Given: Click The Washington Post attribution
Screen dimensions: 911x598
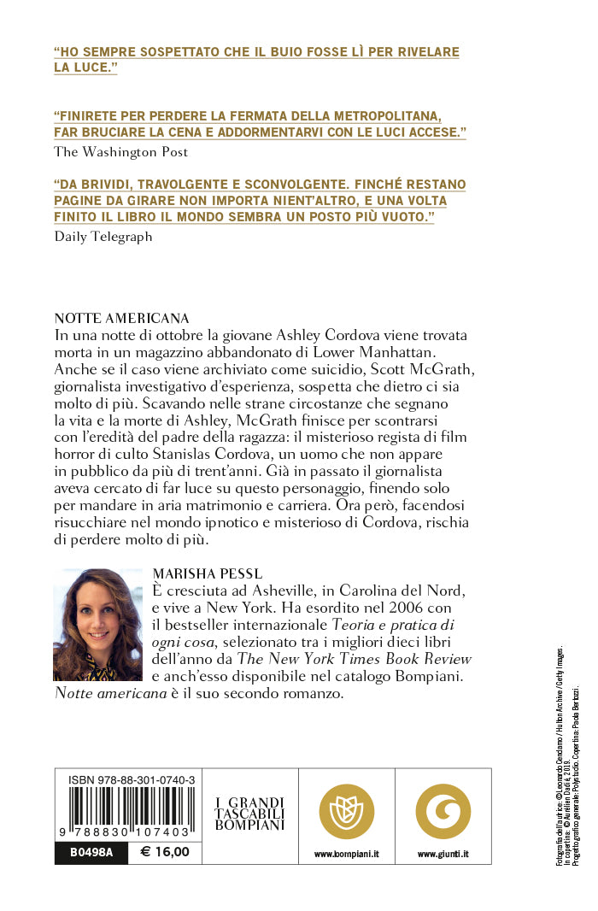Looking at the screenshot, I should pyautogui.click(x=120, y=152).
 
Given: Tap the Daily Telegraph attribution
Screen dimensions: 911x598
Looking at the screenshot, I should pyautogui.click(x=103, y=237).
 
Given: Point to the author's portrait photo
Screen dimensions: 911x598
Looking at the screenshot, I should pyautogui.click(x=97, y=625).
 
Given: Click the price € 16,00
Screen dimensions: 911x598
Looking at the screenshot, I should pyautogui.click(x=163, y=852).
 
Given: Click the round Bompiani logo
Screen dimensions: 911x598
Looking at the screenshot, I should pyautogui.click(x=346, y=811).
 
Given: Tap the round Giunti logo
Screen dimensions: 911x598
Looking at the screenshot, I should pyautogui.click(x=443, y=811).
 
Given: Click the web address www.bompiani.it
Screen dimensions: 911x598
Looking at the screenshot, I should pyautogui.click(x=346, y=854).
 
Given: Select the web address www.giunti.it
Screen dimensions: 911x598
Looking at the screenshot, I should pyautogui.click(x=443, y=854).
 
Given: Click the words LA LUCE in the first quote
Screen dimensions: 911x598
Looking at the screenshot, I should pyautogui.click(x=85, y=68).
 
